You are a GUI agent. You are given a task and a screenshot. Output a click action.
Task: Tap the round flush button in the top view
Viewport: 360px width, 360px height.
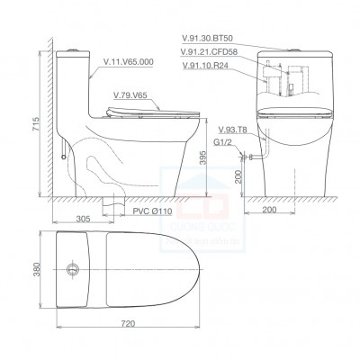point(72,268)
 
